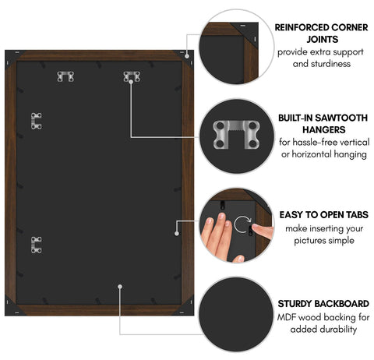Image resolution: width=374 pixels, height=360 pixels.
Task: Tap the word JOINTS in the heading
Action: pyautogui.click(x=323, y=40)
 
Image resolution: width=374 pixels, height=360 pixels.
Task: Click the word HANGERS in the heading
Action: pyautogui.click(x=324, y=129)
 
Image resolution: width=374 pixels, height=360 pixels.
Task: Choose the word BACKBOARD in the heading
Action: pyautogui.click(x=345, y=304)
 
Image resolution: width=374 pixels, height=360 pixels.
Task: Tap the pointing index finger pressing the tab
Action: pyautogui.click(x=263, y=231)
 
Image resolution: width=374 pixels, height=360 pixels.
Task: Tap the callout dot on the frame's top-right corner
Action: pyautogui.click(x=187, y=56)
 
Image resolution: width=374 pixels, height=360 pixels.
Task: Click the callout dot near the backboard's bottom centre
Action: pyautogui.click(x=120, y=287)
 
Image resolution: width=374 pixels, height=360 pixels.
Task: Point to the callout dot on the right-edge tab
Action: pyautogui.click(x=177, y=234)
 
